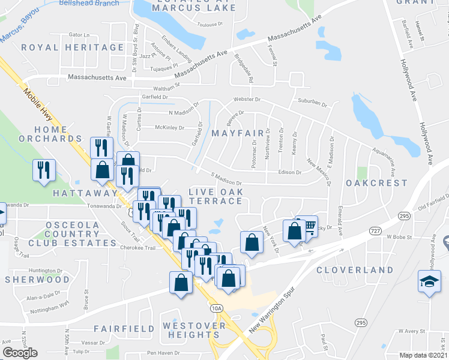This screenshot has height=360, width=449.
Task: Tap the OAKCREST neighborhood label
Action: pos(376,183)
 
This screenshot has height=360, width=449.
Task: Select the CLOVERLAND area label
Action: pos(354,271)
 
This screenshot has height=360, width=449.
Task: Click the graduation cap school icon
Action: pos(430,283)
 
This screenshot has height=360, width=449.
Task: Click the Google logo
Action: pos(20,353)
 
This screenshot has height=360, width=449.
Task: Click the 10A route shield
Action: pos(217,308)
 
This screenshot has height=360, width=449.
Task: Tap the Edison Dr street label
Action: pos(289,172)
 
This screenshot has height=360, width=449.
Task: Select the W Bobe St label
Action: pos(400,237)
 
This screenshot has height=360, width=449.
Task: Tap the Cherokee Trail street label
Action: pos(139,248)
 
